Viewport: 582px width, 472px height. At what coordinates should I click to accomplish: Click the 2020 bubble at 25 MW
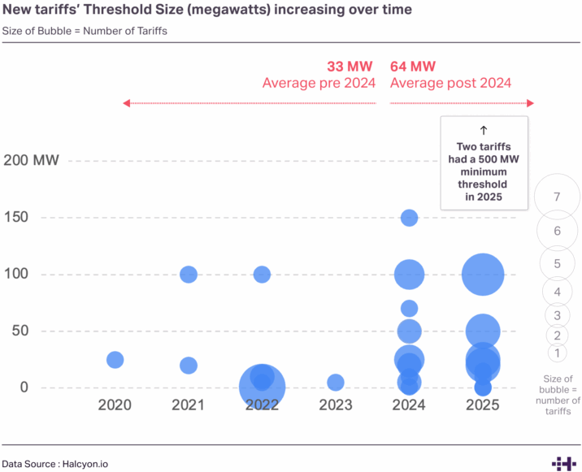[x=115, y=360]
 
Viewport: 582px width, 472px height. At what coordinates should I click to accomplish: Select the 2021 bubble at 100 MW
[x=189, y=275]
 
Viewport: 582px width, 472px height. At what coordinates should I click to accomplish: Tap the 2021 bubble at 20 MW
[x=189, y=366]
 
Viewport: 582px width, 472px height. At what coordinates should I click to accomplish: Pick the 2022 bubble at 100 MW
[x=262, y=275]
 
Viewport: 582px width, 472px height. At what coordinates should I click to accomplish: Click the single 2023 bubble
[x=336, y=382]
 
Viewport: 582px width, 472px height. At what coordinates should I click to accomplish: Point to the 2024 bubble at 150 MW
[x=410, y=218]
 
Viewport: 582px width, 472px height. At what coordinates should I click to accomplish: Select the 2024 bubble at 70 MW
[x=410, y=309]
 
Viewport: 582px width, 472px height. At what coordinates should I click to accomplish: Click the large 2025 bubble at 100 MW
[x=483, y=275]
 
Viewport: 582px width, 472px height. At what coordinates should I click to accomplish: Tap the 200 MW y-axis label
[x=32, y=160]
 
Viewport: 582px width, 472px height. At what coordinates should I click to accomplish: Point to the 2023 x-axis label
[x=336, y=405]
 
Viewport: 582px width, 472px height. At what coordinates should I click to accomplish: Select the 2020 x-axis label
[x=115, y=405]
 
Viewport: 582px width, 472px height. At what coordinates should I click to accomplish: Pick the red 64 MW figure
[x=413, y=67]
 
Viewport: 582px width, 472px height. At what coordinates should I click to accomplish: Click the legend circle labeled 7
[x=558, y=197]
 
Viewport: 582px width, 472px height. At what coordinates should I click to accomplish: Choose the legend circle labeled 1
[x=558, y=353]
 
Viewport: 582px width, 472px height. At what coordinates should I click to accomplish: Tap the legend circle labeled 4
[x=558, y=292]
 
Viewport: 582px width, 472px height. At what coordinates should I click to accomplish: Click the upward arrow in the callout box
[x=484, y=130]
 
